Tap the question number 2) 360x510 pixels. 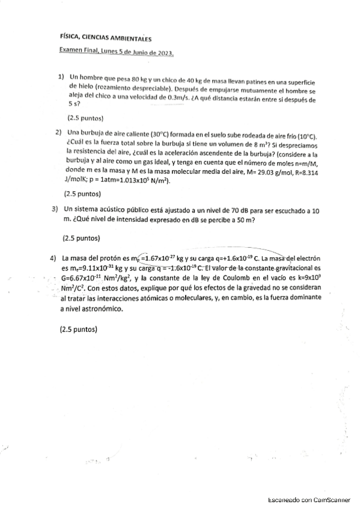click(59, 132)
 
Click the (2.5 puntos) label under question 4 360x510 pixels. click(79, 330)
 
